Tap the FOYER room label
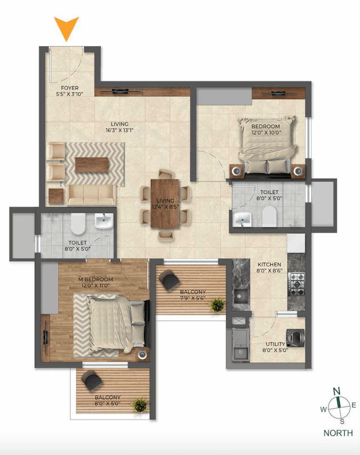coord(70,88)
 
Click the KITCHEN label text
coord(269,264)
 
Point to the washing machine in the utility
coord(295,336)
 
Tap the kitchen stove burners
coord(296,280)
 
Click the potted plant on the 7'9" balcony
coord(217,305)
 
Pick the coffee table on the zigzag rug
coord(92,164)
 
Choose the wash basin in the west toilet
coord(104,222)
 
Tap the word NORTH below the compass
coord(338,433)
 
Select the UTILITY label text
coord(276,344)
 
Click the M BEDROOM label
coord(96,280)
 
